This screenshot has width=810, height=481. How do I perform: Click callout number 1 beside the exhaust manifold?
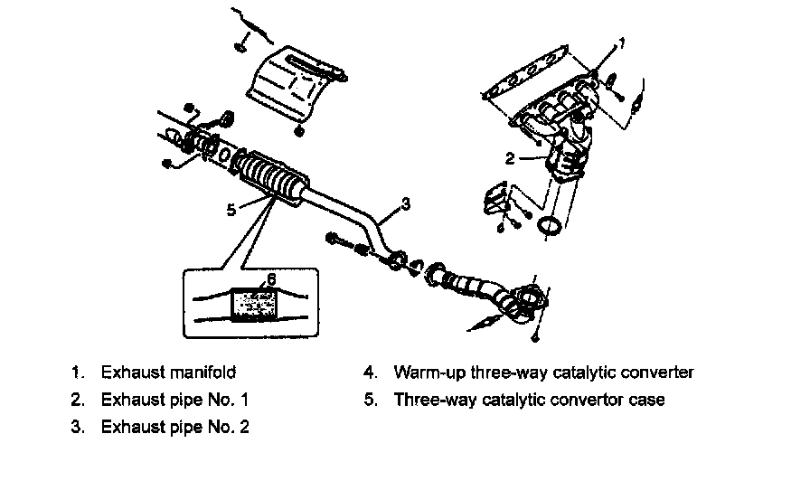click(621, 42)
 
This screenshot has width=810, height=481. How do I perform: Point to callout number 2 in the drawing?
click(510, 158)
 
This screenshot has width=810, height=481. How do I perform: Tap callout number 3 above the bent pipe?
click(406, 204)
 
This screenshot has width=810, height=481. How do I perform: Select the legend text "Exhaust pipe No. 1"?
click(175, 399)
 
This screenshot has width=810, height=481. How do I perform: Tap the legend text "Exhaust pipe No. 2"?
click(175, 426)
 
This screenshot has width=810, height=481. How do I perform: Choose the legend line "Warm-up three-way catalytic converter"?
click(543, 372)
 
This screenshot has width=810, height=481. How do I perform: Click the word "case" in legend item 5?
click(646, 399)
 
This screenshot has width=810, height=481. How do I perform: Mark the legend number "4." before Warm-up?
click(371, 372)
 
